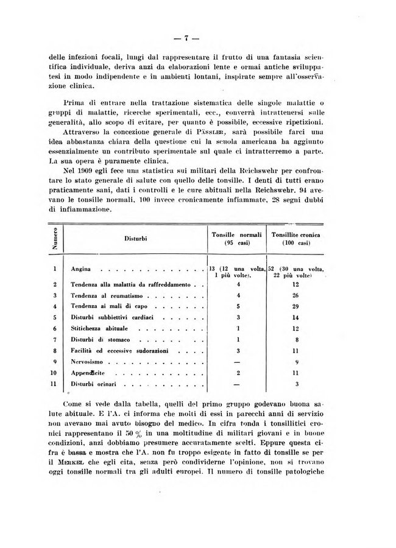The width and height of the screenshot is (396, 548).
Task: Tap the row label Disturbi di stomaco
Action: (x=99, y=339)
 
